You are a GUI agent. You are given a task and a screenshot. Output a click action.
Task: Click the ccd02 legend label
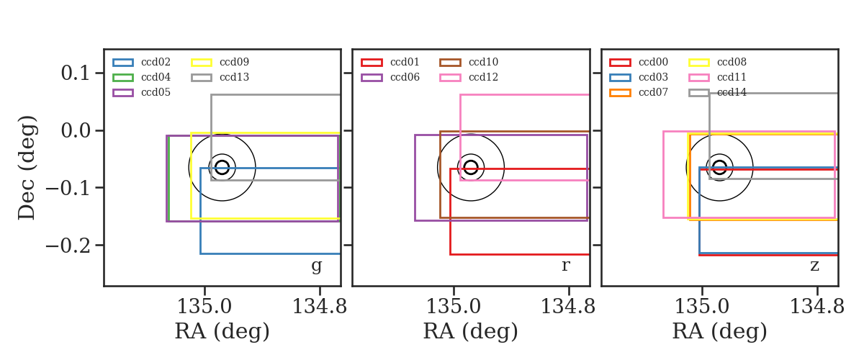point(156,62)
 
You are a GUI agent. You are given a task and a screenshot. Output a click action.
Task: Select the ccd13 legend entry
point(234,77)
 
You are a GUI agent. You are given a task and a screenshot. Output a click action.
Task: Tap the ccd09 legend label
point(234,62)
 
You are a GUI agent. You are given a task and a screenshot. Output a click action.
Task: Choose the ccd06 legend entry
point(405,77)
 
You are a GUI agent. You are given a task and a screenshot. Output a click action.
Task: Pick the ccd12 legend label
point(483,77)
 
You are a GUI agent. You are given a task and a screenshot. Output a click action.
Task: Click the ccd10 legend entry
point(483,62)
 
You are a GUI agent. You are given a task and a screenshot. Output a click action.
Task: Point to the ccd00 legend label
point(654,62)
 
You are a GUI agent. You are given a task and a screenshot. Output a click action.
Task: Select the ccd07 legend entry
point(654,92)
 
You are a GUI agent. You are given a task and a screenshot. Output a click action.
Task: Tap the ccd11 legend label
point(732,77)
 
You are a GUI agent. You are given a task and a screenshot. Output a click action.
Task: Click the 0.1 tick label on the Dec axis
point(75,73)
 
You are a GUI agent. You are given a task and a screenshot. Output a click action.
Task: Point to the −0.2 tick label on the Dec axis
point(68,246)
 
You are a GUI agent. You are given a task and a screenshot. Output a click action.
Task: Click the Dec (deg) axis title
point(27,168)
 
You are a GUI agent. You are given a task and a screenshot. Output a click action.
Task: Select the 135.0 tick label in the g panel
point(204,307)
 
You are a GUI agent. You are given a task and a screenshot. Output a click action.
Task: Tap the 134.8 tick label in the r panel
point(568,307)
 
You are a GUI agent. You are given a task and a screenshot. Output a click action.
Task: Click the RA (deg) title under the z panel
point(720,331)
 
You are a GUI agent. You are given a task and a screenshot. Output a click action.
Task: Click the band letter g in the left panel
point(316,266)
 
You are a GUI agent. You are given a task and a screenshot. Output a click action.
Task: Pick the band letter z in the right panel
point(814,266)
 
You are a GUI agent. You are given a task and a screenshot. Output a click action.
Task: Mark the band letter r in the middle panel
point(565,266)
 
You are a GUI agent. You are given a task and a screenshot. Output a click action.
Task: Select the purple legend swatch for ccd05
point(123,93)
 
